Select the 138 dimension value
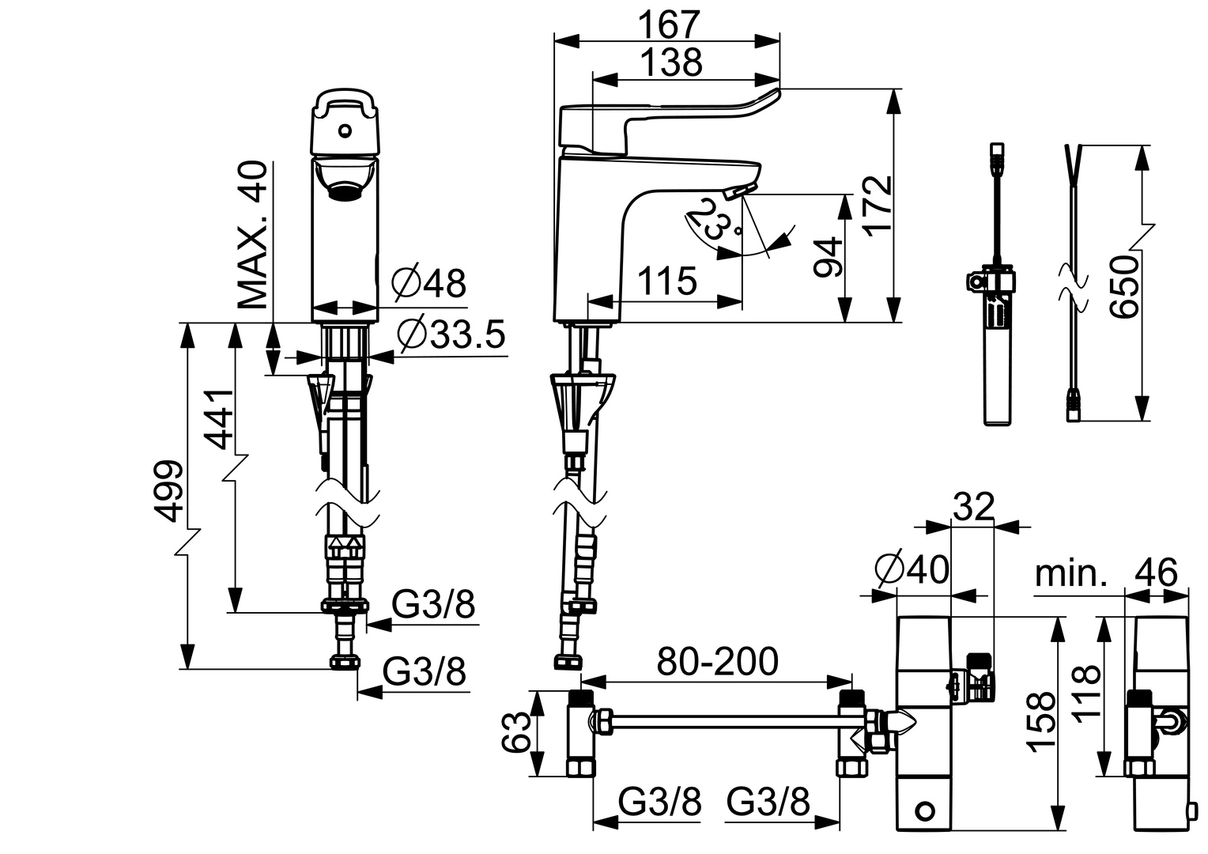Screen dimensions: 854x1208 670,62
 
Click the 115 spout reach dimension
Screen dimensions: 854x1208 667,281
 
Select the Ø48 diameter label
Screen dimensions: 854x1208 430,282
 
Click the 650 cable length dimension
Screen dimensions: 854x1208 1123,285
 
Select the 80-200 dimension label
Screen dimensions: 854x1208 718,662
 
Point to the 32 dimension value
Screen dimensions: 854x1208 972,507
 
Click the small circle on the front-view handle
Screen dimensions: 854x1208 345,130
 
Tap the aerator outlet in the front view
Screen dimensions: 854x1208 345,190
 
